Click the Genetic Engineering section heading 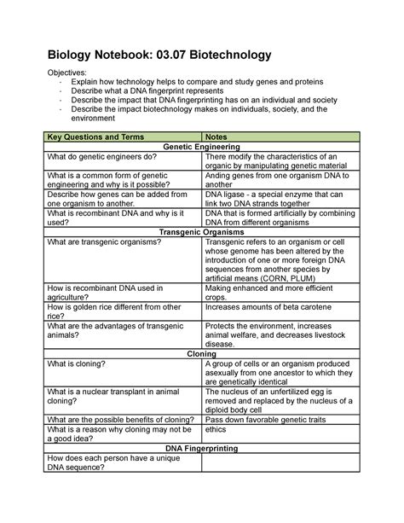(201, 148)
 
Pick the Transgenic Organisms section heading (201, 231)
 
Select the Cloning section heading (201, 353)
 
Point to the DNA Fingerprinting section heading (201, 448)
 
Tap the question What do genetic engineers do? (101, 158)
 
